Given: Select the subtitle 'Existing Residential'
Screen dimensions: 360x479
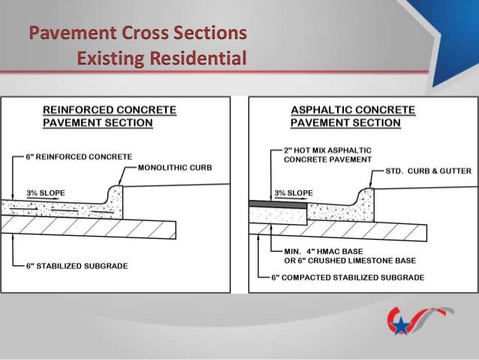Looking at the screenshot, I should [x=161, y=58].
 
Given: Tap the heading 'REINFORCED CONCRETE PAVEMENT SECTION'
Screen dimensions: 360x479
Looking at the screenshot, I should [x=110, y=116].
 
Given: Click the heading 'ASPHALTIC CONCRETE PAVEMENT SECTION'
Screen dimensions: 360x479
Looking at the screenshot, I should [x=352, y=116].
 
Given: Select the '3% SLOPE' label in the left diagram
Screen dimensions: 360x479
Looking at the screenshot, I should [x=46, y=193].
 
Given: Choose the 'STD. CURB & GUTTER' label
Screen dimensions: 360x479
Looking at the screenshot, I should [x=428, y=171].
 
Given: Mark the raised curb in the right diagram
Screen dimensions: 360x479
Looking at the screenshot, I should [x=364, y=197].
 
